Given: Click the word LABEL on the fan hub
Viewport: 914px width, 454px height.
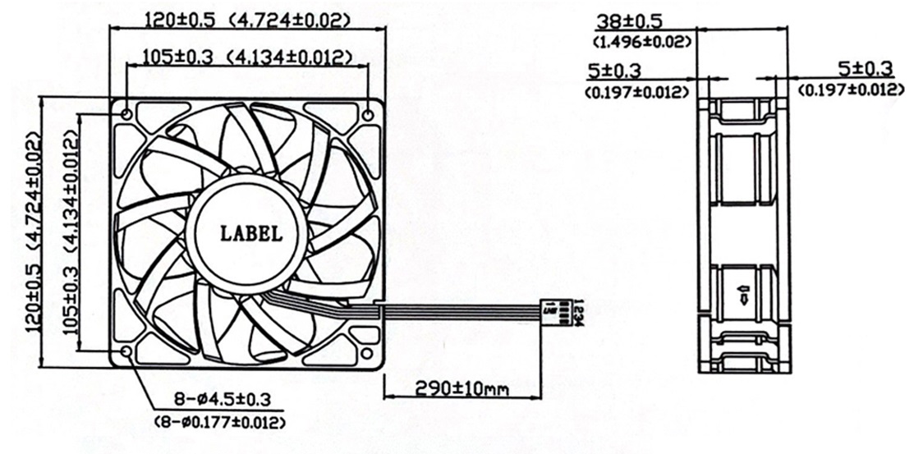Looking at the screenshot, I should [x=251, y=233].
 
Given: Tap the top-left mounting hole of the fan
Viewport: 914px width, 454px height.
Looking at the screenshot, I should [x=126, y=112].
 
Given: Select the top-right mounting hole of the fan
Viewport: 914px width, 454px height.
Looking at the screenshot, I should [x=366, y=113].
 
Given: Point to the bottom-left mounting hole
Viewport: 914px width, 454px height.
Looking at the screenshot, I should [x=126, y=352].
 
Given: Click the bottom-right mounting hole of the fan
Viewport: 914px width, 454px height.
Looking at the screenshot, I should [x=366, y=353].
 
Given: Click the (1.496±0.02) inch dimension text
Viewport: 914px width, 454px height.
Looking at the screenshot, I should [x=641, y=40].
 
